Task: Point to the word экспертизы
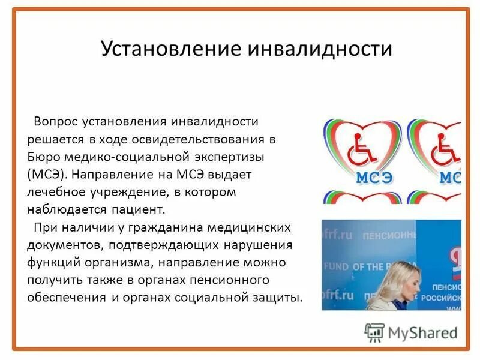tap(230, 157)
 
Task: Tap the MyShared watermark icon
tap(374, 332)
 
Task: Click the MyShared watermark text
tap(422, 332)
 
